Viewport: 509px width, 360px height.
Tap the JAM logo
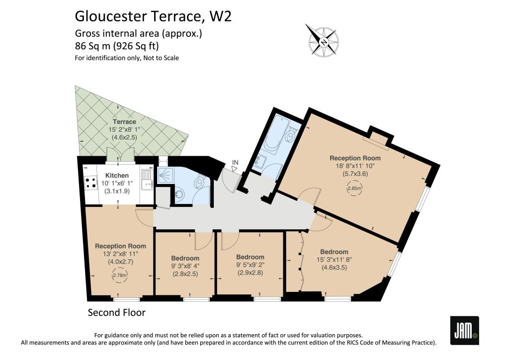[x=465, y=330]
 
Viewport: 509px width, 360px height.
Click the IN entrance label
[x=235, y=162]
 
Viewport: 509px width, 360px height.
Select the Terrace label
[x=124, y=122]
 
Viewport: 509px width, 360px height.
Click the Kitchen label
[x=117, y=176]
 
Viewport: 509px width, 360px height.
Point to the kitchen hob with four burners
[x=90, y=182]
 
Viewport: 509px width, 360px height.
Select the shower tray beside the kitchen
[x=166, y=176]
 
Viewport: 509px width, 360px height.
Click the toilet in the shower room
[x=199, y=182]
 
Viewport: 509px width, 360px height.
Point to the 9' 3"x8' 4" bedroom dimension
[x=185, y=266]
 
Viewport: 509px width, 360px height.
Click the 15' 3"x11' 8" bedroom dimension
[x=334, y=260]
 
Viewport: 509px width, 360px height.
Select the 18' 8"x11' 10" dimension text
[x=355, y=166]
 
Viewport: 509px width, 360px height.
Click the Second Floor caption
[x=116, y=313]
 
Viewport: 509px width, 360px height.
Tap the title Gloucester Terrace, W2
[x=153, y=16]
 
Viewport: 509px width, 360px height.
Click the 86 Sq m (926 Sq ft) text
[x=117, y=46]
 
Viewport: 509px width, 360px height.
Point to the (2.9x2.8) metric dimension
[x=250, y=272]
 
